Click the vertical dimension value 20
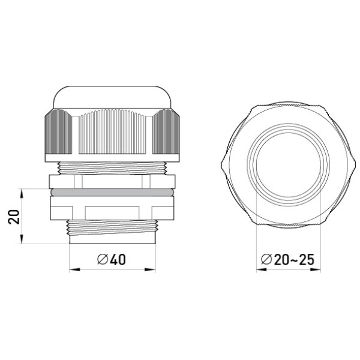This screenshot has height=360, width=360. pos(14,217)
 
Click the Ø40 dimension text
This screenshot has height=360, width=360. pos(112,259)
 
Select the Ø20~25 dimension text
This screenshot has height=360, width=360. pos(287,259)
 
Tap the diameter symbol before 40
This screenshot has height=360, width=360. pos(103,259)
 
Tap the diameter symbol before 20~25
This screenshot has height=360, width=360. pos(266,259)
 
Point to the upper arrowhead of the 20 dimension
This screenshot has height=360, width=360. pos(22,193)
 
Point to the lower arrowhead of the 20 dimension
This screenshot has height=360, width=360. pos(22,239)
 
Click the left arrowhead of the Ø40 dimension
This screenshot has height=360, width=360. pos(74,269)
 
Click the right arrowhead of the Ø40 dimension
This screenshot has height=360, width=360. pos(151,269)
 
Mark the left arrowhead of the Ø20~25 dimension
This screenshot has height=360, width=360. pos(261,269)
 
